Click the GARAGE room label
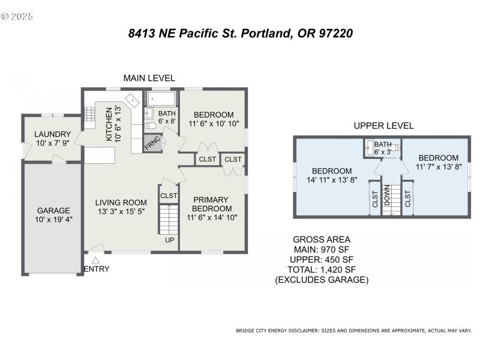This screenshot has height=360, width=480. (x=53, y=211)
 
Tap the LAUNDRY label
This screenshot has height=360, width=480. (x=53, y=134)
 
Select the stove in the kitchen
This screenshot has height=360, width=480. (x=89, y=115)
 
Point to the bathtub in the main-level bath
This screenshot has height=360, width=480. (x=160, y=98)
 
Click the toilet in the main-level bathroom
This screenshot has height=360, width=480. (x=150, y=127)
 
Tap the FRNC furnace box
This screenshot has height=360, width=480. (x=151, y=143)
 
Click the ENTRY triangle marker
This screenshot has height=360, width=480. (x=95, y=259)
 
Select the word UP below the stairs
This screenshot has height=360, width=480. (x=170, y=240)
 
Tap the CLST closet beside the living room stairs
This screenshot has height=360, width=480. (x=169, y=196)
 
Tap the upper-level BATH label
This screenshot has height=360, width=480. (x=382, y=145)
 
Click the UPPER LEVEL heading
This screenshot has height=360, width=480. (x=383, y=126)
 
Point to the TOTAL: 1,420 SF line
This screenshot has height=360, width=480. (x=322, y=269)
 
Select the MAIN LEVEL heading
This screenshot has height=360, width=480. (x=149, y=78)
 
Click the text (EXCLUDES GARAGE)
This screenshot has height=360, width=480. (x=322, y=280)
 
